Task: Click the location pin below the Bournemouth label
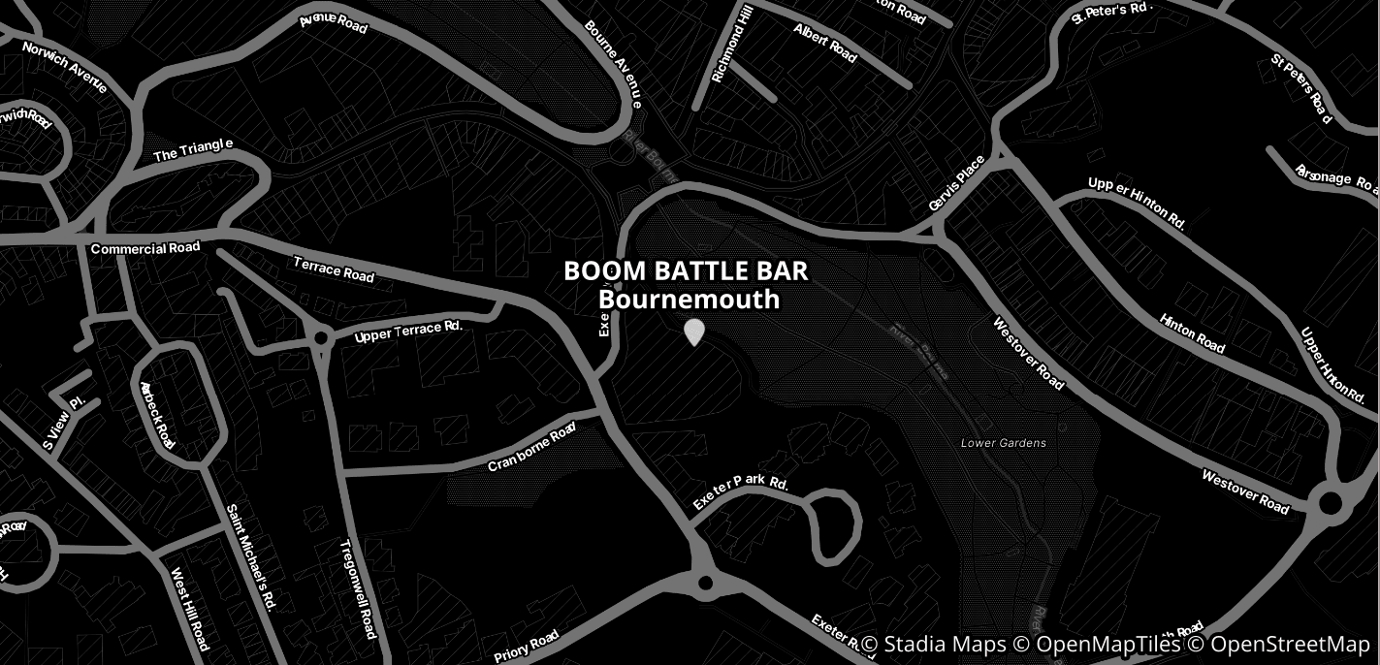(x=693, y=332)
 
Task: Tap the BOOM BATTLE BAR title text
(x=686, y=270)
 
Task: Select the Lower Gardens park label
(x=1003, y=443)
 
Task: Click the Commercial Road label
(x=145, y=248)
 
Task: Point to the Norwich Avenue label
(x=64, y=67)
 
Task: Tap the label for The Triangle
(x=194, y=150)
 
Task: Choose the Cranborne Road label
(x=532, y=450)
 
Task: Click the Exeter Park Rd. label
(x=740, y=492)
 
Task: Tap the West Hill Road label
(x=190, y=609)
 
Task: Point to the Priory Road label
(x=527, y=646)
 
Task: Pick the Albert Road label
(x=825, y=43)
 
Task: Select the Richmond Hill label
(x=732, y=43)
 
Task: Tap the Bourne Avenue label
(x=613, y=63)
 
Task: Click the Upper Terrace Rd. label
(x=408, y=332)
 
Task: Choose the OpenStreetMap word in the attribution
(x=1290, y=645)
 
